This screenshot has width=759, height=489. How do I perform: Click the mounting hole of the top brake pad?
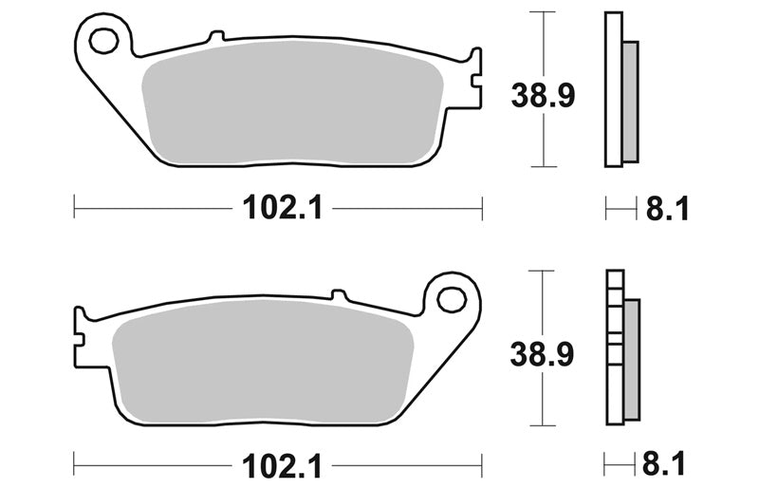(x=104, y=41)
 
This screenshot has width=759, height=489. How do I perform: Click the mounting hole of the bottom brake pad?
(x=452, y=299)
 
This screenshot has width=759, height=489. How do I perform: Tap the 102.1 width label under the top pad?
(x=282, y=208)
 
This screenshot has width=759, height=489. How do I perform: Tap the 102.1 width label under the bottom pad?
(x=282, y=466)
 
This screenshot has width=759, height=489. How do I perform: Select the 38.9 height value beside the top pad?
(x=543, y=95)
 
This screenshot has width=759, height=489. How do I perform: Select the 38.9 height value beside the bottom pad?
(x=542, y=354)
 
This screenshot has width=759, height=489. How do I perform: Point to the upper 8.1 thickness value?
(x=667, y=209)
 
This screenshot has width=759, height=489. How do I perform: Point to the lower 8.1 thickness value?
(x=664, y=463)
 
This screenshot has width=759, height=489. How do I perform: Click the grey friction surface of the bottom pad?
(x=263, y=361)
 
